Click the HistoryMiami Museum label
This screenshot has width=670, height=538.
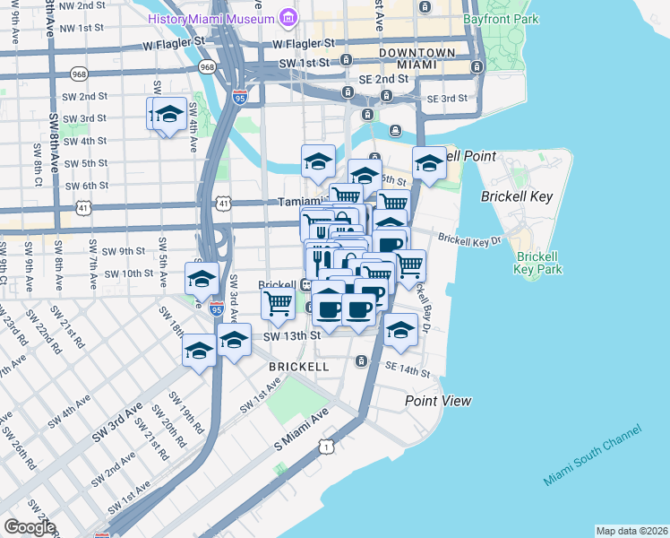click(x=224, y=18)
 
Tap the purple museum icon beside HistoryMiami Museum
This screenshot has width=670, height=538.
click(x=288, y=17)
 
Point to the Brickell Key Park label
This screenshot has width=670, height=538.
click(x=538, y=261)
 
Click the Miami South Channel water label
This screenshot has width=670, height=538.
click(x=592, y=457)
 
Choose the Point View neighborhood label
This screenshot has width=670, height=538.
click(x=438, y=401)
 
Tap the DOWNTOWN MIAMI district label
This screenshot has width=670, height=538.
click(x=417, y=60)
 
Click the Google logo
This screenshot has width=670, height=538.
click(x=29, y=526)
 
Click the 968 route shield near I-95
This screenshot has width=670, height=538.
click(x=208, y=67)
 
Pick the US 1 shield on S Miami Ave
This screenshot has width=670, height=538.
click(x=327, y=446)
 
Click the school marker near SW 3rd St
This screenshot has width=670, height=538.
click(x=168, y=115)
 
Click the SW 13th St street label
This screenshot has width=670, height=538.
click(x=292, y=335)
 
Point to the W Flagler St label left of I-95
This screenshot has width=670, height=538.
click(x=178, y=45)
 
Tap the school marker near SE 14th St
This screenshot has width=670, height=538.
click(x=401, y=330)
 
